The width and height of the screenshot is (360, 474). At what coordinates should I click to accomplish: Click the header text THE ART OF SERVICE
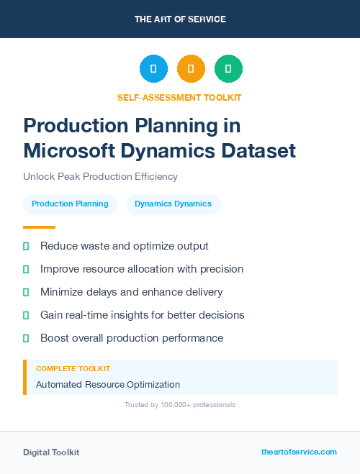click(180, 19)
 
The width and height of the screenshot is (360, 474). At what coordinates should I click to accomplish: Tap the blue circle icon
click(153, 69)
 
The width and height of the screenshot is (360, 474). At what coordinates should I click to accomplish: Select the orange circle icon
click(191, 69)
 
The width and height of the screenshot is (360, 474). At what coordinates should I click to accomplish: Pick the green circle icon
click(228, 69)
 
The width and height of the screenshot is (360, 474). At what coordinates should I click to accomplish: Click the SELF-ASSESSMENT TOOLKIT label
click(179, 97)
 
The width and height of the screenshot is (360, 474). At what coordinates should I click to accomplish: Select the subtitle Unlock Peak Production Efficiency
click(100, 176)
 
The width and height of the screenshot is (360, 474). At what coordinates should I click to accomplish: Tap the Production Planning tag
click(70, 204)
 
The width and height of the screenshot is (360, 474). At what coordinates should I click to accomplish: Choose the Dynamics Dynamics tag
click(173, 204)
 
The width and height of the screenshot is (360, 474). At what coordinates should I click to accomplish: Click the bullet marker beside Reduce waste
click(26, 246)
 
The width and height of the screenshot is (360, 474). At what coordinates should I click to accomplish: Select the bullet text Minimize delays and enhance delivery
click(131, 292)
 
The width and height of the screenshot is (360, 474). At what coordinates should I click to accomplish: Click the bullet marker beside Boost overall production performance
click(26, 338)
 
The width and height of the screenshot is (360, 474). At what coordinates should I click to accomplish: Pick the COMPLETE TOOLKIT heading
click(73, 368)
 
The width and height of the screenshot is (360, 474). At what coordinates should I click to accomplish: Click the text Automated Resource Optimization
click(108, 384)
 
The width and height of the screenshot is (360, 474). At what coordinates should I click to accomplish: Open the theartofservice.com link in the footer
click(299, 452)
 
